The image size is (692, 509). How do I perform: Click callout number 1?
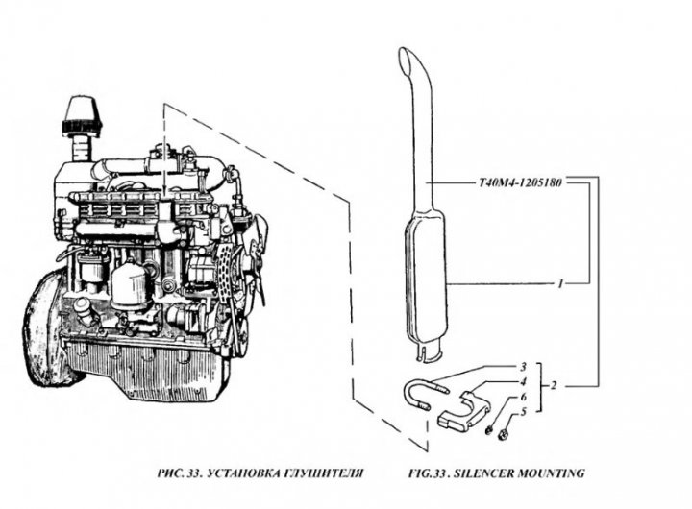pos(559,285)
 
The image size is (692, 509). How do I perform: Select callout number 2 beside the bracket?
pos(523,367)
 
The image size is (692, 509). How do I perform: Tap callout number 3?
pos(523,381)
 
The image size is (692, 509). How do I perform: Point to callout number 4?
pos(523,412)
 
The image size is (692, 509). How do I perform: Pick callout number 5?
pos(523,397)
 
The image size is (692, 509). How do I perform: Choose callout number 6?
pos(523,397)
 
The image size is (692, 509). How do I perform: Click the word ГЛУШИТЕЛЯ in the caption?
pos(316,473)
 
